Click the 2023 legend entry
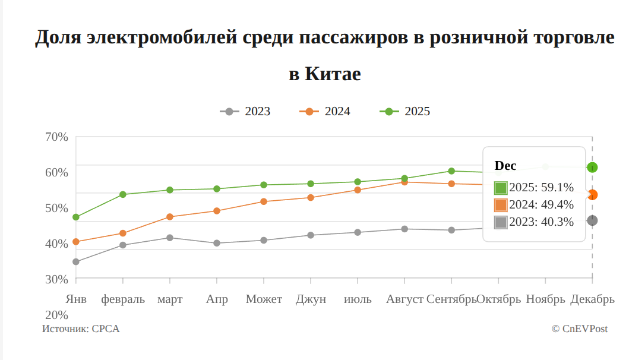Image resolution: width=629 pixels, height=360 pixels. tap(245, 112)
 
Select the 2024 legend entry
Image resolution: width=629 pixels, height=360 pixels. tap(325, 112)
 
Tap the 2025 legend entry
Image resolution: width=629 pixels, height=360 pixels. tap(405, 112)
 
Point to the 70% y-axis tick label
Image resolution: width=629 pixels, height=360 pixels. tap(56, 137)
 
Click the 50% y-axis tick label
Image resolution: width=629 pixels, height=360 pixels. tap(56, 208)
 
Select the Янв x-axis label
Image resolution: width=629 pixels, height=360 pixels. tap(76, 299)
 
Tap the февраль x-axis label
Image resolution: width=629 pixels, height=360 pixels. tap(123, 299)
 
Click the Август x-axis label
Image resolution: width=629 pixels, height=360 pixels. tap(404, 299)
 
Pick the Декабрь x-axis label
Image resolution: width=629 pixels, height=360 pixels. tap(592, 299)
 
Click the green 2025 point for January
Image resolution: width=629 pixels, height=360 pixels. tap(76, 217)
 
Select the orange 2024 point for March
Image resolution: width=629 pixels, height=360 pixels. tap(170, 217)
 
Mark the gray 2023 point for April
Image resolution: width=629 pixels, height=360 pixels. tap(217, 243)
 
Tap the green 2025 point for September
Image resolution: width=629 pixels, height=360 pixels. tap(451, 171)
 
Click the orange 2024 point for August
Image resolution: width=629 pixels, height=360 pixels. tap(404, 182)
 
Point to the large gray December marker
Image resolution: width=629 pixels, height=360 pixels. tap(592, 220)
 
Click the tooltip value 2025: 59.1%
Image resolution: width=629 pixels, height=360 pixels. tap(541, 188)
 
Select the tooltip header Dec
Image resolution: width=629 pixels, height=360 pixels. tap(505, 166)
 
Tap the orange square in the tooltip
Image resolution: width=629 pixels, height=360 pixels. tap(501, 205)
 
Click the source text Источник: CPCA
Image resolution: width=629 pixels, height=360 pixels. tap(81, 329)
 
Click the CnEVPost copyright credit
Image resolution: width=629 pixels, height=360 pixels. tap(579, 329)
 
